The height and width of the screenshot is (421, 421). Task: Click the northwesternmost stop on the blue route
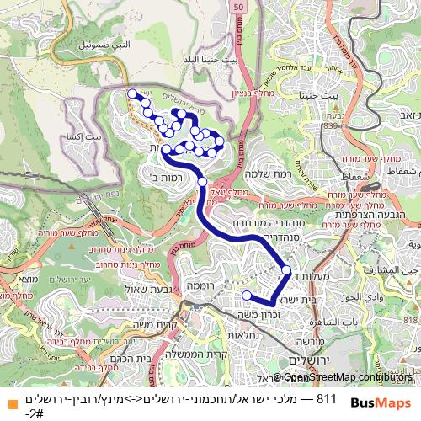131,94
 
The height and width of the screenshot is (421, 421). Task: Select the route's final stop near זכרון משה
246,296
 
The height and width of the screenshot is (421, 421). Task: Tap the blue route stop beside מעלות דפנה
286,270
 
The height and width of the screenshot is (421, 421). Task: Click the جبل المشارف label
395,269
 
